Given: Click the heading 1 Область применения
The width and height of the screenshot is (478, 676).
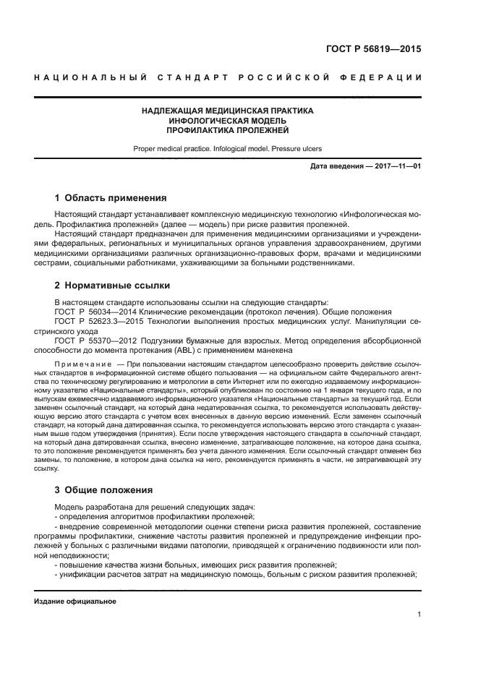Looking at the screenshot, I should (111, 197).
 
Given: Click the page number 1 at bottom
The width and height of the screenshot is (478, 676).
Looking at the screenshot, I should (419, 615).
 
